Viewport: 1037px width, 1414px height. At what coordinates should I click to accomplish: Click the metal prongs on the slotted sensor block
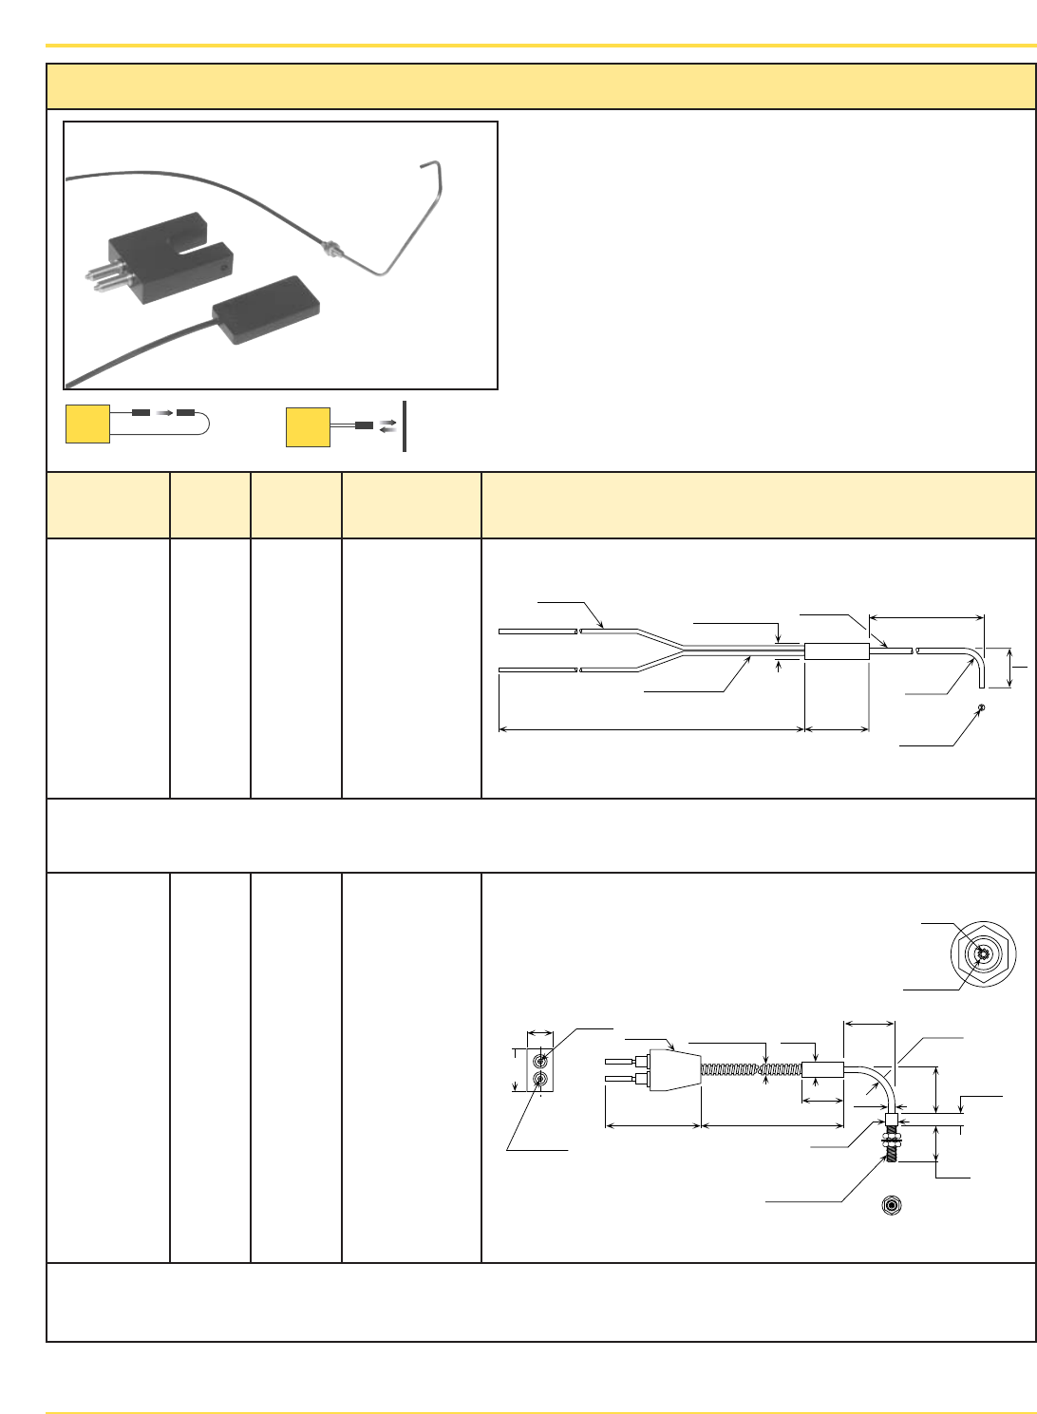click(x=103, y=275)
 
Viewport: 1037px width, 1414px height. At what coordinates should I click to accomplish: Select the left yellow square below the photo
click(x=87, y=424)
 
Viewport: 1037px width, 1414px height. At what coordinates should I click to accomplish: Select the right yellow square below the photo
click(x=308, y=426)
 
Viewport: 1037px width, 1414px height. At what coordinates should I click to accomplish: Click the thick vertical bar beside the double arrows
click(x=405, y=426)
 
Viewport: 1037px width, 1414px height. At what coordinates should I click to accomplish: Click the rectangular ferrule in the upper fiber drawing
click(x=837, y=651)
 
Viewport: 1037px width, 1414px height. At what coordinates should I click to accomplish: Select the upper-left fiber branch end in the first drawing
click(x=537, y=631)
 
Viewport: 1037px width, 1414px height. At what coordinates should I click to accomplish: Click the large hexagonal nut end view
click(x=984, y=954)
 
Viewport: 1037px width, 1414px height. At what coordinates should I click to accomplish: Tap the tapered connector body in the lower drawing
click(x=674, y=1070)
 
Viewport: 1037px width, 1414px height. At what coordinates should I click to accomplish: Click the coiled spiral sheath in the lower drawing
click(x=750, y=1070)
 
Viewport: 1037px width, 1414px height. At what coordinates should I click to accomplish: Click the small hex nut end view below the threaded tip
click(x=890, y=1205)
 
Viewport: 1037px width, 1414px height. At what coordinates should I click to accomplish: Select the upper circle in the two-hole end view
click(x=540, y=1061)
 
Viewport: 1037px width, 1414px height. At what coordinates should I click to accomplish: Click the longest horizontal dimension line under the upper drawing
click(x=651, y=729)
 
